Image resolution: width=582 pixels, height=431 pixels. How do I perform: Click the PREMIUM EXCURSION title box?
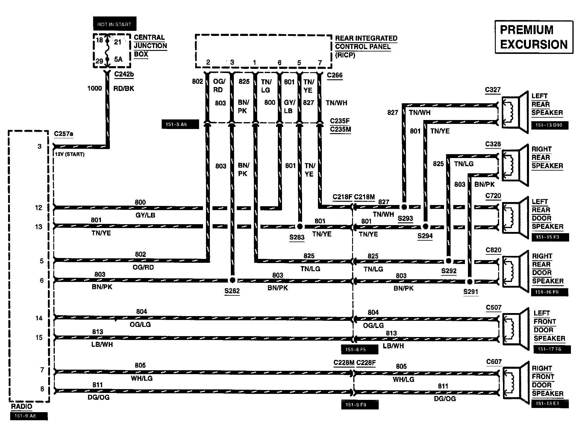click(x=534, y=37)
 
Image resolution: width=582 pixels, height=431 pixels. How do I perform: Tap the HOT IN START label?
click(x=114, y=24)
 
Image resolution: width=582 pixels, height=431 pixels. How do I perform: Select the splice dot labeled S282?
click(x=232, y=280)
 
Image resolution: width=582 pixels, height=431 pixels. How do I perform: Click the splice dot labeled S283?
click(x=299, y=226)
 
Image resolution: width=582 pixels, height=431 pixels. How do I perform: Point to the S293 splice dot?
click(x=404, y=207)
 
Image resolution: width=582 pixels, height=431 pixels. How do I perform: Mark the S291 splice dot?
click(x=470, y=282)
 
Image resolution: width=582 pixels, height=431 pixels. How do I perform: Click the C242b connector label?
click(x=124, y=74)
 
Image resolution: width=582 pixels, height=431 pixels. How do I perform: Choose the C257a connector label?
click(x=63, y=134)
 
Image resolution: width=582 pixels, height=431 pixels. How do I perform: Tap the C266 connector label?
click(x=335, y=75)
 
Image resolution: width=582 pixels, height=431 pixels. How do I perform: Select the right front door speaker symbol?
click(x=515, y=384)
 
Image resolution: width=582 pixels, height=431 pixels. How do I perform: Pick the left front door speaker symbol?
click(x=515, y=329)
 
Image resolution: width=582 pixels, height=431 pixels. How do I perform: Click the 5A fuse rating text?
click(x=118, y=59)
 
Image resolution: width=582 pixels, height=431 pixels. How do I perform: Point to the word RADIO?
click(x=22, y=406)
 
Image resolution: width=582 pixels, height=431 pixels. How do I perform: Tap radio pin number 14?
click(x=39, y=318)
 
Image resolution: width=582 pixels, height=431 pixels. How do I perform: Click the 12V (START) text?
click(x=69, y=154)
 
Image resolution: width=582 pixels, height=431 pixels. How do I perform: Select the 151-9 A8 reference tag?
click(x=29, y=416)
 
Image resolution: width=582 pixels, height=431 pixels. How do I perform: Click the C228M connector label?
click(x=344, y=363)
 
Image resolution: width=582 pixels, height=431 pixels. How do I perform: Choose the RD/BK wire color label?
click(x=124, y=89)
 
